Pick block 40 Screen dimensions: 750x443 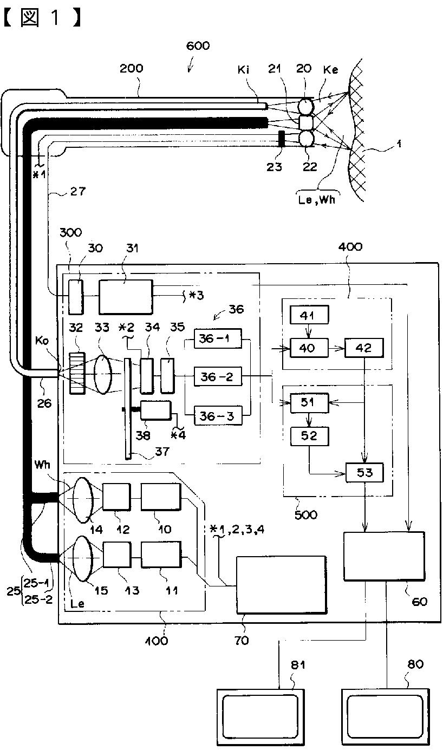pos(309,348)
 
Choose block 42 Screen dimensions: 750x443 pos(364,348)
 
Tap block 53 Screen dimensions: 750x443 pos(364,473)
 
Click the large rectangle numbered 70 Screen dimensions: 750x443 pos(281,584)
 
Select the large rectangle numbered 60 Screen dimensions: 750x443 pos(384,556)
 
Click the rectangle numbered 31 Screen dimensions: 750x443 pos(125,296)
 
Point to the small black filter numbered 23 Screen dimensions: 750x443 pos(282,139)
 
